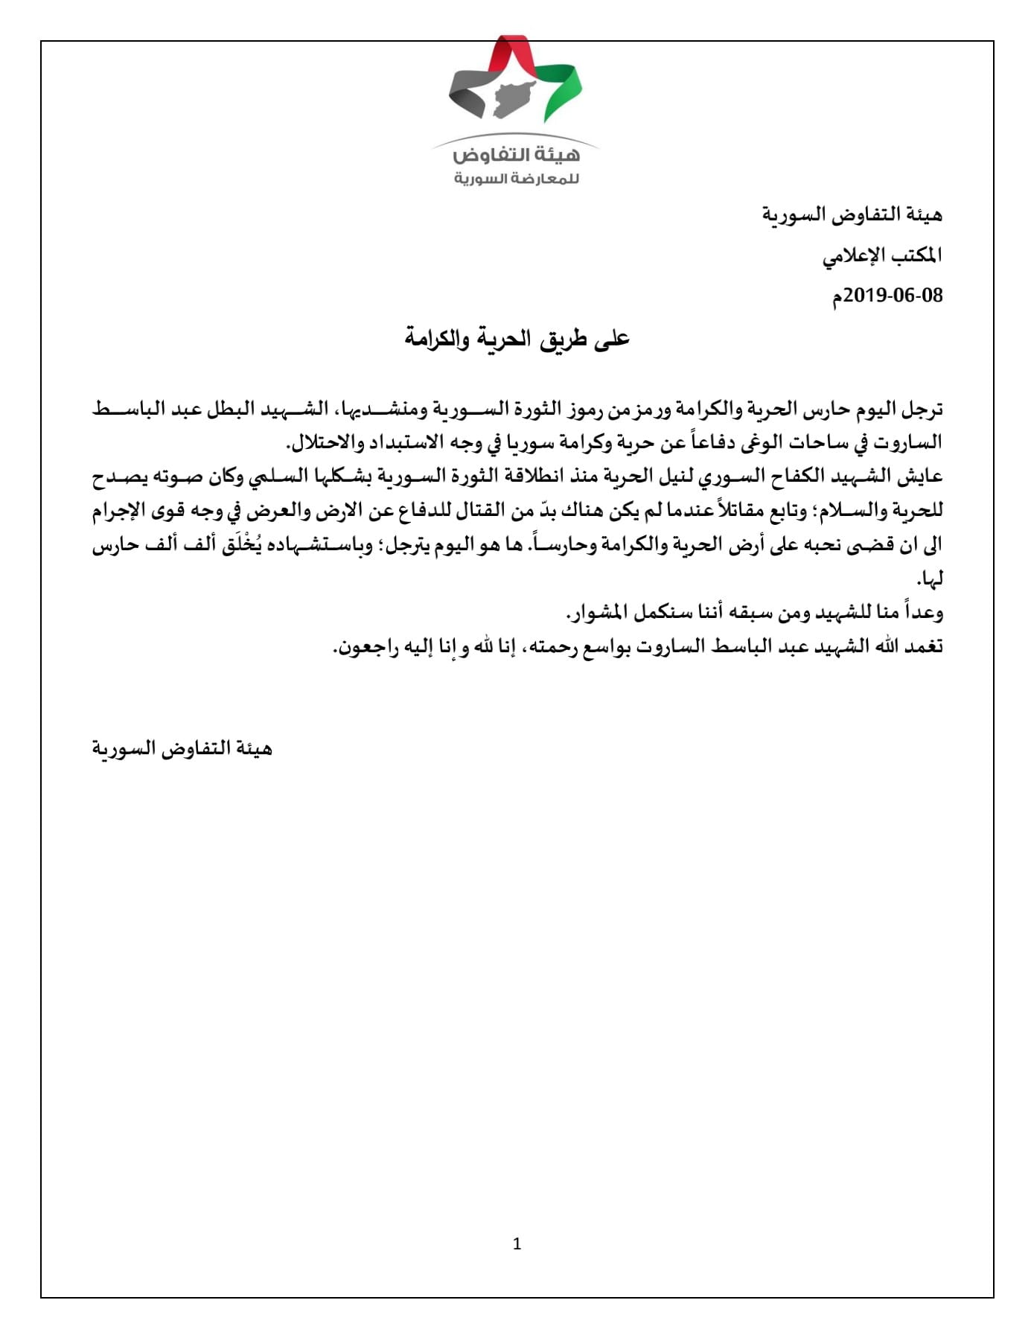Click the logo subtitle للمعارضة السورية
pyautogui.click(x=517, y=179)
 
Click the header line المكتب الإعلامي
pyautogui.click(x=882, y=255)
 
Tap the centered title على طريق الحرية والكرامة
pyautogui.click(x=517, y=339)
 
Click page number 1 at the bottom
pyautogui.click(x=517, y=1243)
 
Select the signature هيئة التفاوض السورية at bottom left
pyautogui.click(x=182, y=748)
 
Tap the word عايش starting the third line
pyautogui.click(x=922, y=476)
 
